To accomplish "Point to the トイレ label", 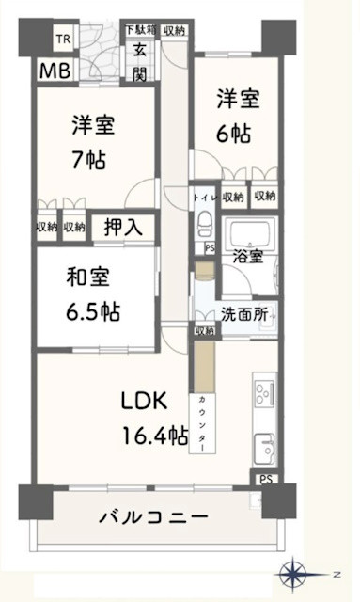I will [x=204, y=197].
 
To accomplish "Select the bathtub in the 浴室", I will [x=250, y=233].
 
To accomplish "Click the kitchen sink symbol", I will [x=264, y=445].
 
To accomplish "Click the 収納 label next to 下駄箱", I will [x=173, y=30].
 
